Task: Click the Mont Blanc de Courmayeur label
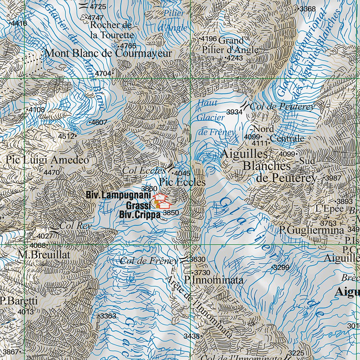pos(109,53)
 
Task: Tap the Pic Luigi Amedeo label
pos(47,160)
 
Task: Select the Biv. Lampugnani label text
pos(118,195)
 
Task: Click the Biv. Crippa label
pos(140,215)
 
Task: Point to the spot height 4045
pos(183,173)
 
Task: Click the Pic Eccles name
pos(182,182)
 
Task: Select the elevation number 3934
pos(234,112)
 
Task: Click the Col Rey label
pos(75,226)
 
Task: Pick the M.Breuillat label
pos(45,255)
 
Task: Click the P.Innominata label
pos(214,280)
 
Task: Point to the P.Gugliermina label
pos(311,231)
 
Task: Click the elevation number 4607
pos(99,122)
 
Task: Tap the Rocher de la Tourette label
pos(112,30)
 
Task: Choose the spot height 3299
pos(282,268)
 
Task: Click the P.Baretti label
pos(19,301)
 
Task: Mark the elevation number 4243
pos(234,58)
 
